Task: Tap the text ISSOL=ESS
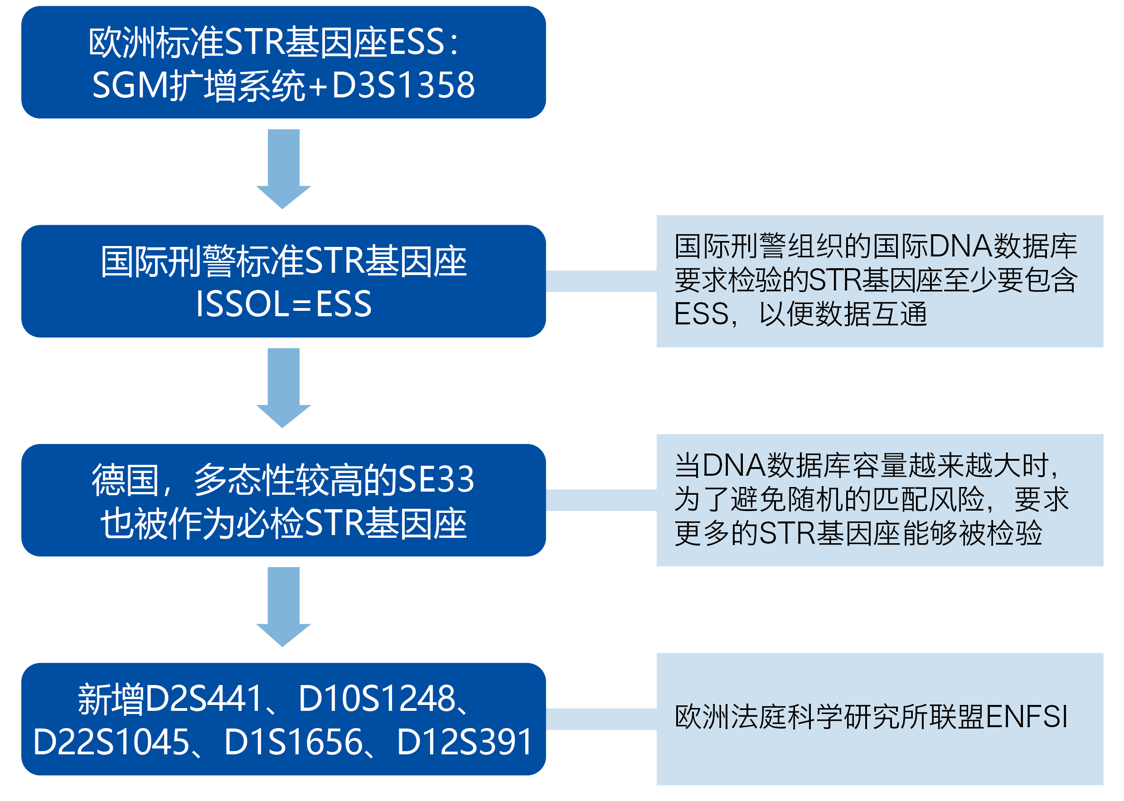click(x=283, y=304)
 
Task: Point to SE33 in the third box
click(x=436, y=479)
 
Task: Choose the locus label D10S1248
click(x=377, y=699)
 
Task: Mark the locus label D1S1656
click(x=294, y=742)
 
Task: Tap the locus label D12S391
click(x=464, y=742)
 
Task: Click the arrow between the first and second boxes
click(x=283, y=168)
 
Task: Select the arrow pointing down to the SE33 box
click(x=283, y=387)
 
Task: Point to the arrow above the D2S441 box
click(x=283, y=606)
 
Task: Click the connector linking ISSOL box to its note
click(x=601, y=281)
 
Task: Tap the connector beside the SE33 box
click(x=601, y=500)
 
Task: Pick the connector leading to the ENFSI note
click(x=601, y=719)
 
